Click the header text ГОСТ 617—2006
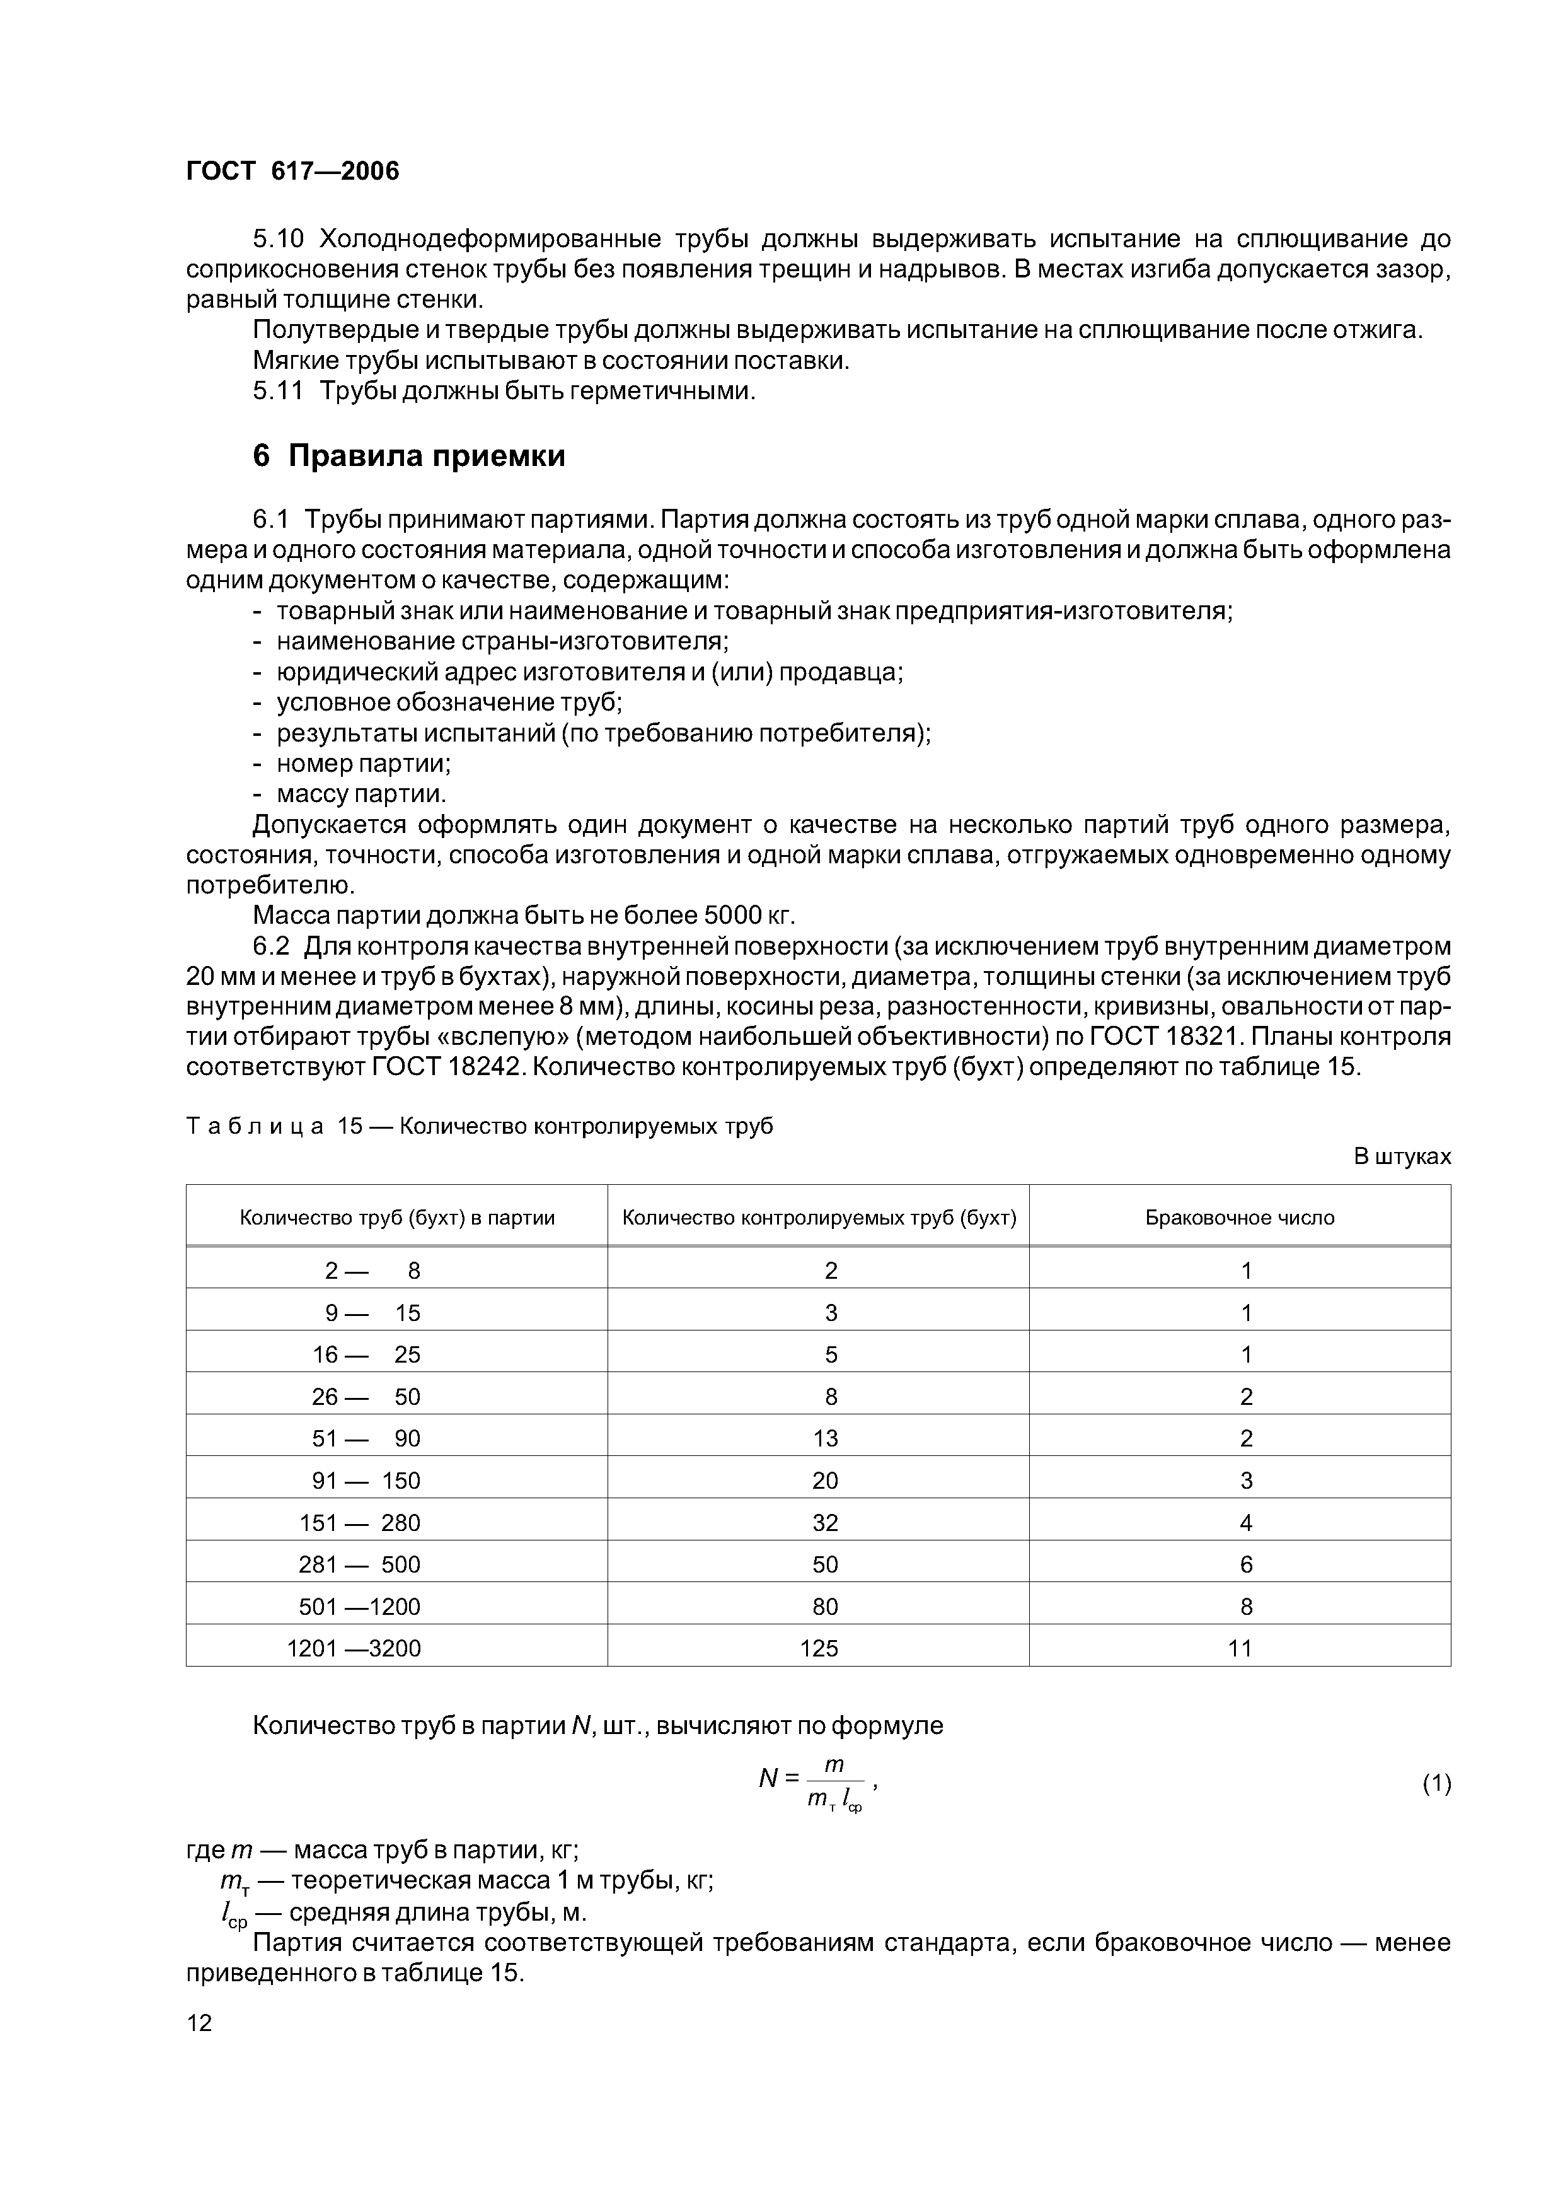coord(292,170)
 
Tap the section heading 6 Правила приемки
coord(408,456)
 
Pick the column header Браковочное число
coord(1240,1217)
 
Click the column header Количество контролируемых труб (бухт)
coord(819,1217)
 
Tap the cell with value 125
coord(819,1648)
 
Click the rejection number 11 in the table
coord(1240,1648)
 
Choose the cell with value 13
coord(826,1438)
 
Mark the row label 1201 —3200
coord(354,1648)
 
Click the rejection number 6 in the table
coord(1246,1564)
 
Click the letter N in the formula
coord(768,1778)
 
